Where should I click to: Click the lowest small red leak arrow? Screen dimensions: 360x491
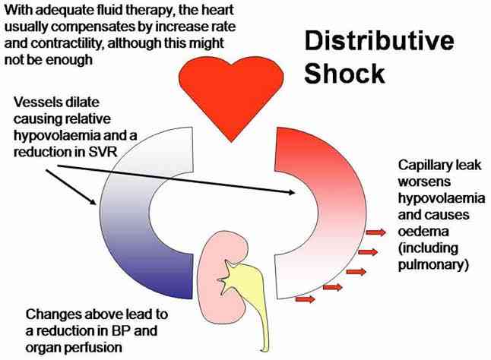(x=305, y=299)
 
